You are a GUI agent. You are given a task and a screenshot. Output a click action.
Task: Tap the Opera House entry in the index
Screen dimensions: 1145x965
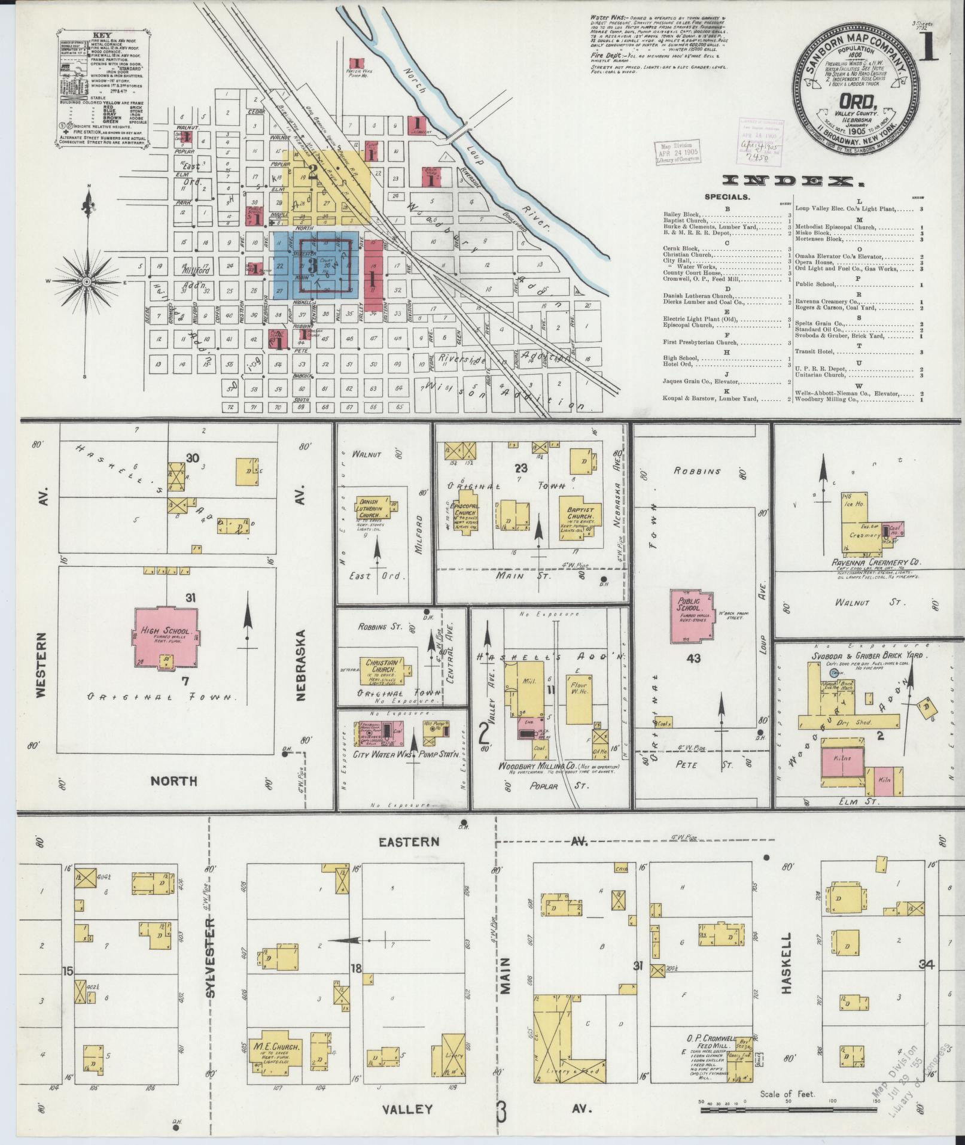pos(820,262)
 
